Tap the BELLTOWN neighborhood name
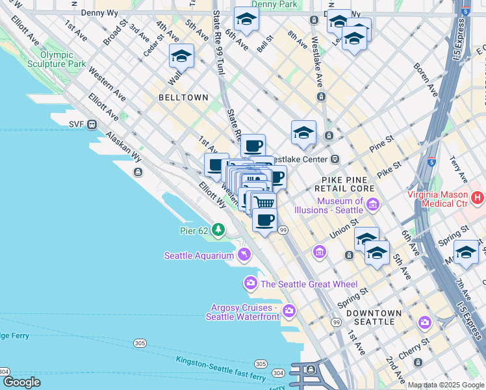coord(183,97)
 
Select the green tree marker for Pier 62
coord(218,229)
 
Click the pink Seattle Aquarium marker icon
coord(244,255)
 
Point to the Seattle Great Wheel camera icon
coord(251,283)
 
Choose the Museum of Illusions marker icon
coord(373,206)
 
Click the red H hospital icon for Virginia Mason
coord(478,196)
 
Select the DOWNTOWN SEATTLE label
coord(370,317)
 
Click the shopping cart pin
coord(263,202)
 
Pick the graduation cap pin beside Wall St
coord(181,57)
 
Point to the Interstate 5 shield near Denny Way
coord(465,11)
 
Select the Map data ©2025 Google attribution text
coord(446,385)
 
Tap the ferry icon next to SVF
coord(93,124)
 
